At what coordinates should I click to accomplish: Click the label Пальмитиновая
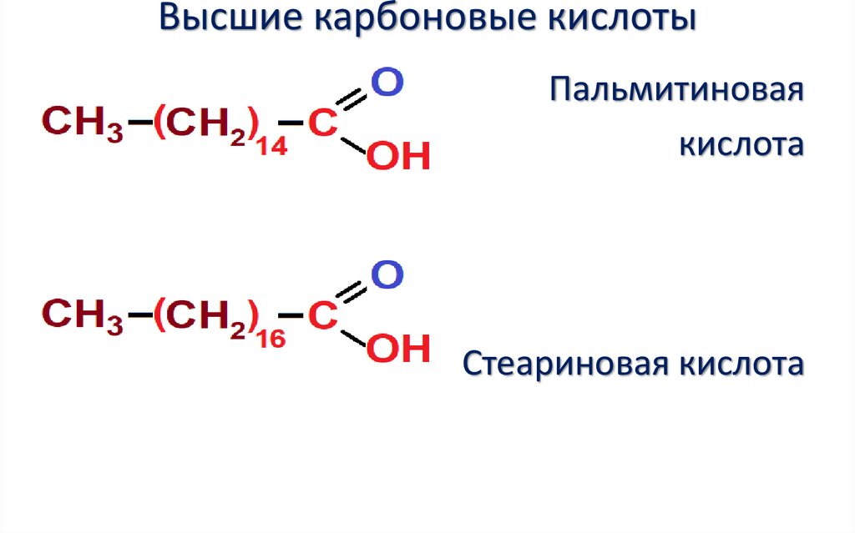point(675,91)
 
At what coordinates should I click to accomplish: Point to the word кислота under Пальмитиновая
point(740,146)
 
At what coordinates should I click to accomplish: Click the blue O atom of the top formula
point(386,83)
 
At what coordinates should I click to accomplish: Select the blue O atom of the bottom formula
point(386,275)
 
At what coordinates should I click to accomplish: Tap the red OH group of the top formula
point(398,157)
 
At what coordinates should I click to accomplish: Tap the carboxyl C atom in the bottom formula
point(322,314)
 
